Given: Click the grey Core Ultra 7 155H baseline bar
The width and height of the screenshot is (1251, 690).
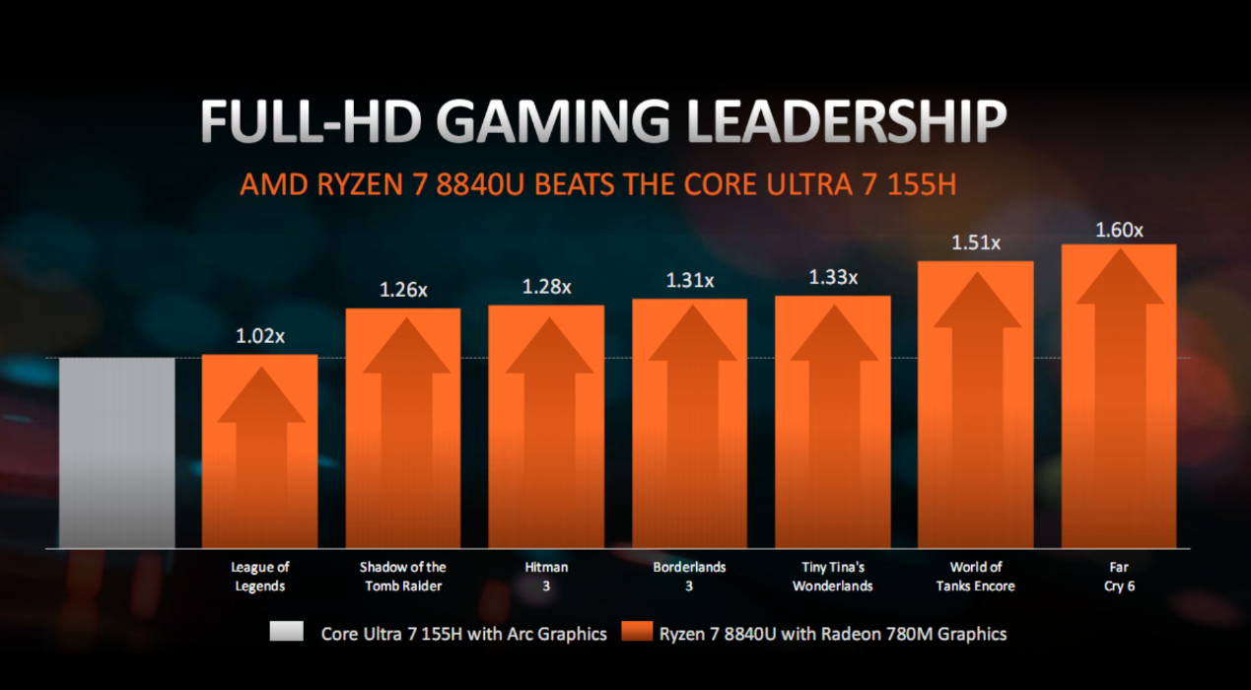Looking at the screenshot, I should (x=117, y=452).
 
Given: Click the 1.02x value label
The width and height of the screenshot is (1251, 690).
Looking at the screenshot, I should (x=259, y=336).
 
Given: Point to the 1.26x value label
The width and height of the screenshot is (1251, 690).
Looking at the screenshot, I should (x=403, y=290).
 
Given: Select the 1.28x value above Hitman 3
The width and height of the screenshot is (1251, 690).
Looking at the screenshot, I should (x=546, y=287).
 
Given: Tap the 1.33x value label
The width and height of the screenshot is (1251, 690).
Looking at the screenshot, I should (x=833, y=278).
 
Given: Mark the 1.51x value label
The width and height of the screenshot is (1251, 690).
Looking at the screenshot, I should (x=976, y=242).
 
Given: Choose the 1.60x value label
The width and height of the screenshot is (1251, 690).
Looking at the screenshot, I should (x=1119, y=231).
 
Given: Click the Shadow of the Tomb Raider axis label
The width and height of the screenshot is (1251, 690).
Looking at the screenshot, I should (x=402, y=577).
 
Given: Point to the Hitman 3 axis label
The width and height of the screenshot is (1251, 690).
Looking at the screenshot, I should (x=546, y=577).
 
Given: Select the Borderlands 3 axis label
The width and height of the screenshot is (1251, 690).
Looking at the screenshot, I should (x=689, y=577).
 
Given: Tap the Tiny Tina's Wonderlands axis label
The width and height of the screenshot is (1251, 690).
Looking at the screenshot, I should (x=833, y=577).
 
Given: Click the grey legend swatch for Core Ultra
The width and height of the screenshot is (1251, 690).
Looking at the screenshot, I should (x=287, y=633).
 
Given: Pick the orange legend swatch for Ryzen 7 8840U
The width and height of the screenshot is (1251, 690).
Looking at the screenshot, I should (x=638, y=633).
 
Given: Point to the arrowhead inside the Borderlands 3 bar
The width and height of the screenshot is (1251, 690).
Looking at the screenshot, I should (x=689, y=344).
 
